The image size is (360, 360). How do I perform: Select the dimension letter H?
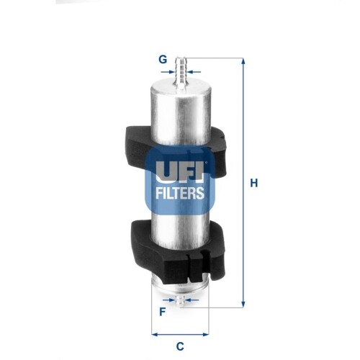253,184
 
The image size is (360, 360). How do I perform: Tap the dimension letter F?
163,312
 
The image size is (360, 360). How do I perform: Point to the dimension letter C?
180,346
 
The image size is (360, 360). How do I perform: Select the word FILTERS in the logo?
180,193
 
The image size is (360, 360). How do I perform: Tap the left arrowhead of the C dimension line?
155,333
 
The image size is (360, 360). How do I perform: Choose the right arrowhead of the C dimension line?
206,333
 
